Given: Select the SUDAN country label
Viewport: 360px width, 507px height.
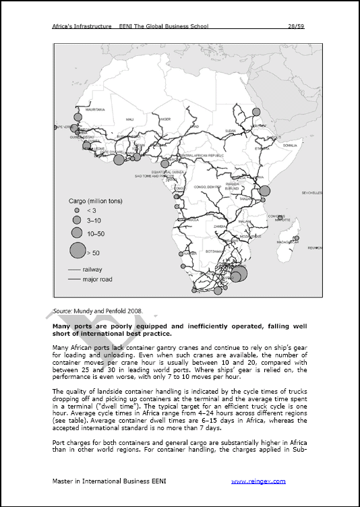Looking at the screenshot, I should point(231,131).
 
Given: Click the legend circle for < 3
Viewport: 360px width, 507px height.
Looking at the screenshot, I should point(77,210).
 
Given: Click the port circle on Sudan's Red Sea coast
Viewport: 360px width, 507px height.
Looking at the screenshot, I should point(256,113).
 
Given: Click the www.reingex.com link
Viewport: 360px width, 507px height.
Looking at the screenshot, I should point(258,481).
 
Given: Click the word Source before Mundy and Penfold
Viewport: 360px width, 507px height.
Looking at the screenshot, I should point(63,311).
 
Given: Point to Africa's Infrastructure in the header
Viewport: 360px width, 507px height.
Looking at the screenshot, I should point(81,26).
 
